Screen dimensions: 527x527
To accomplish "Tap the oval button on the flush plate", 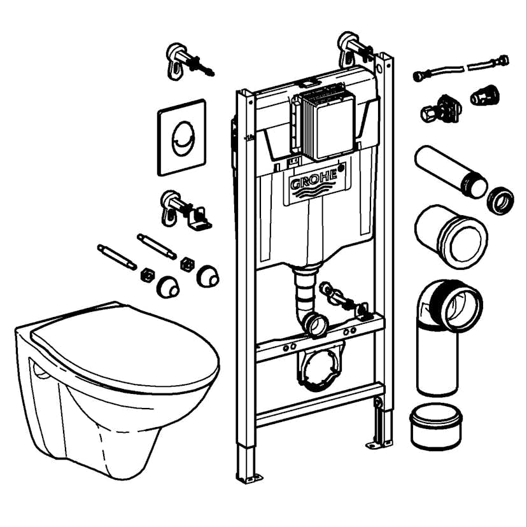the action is (x=183, y=139).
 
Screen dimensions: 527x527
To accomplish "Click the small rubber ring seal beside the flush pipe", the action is (x=500, y=200).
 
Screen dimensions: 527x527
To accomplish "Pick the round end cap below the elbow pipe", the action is (x=436, y=426).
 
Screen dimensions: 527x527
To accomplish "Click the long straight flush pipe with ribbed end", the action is (x=451, y=171).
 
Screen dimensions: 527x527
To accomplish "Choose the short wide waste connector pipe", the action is (x=451, y=236).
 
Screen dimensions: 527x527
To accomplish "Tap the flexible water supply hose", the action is (x=461, y=68).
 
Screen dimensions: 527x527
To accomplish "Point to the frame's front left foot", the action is (x=249, y=478).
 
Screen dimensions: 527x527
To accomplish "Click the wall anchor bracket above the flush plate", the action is (x=189, y=62).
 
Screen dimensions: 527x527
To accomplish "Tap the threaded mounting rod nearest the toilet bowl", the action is (x=117, y=257).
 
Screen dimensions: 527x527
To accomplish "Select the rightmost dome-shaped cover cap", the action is (x=207, y=276).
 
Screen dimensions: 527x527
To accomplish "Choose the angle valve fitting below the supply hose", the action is (x=441, y=109).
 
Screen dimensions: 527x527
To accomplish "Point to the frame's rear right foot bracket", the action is (x=379, y=444).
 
